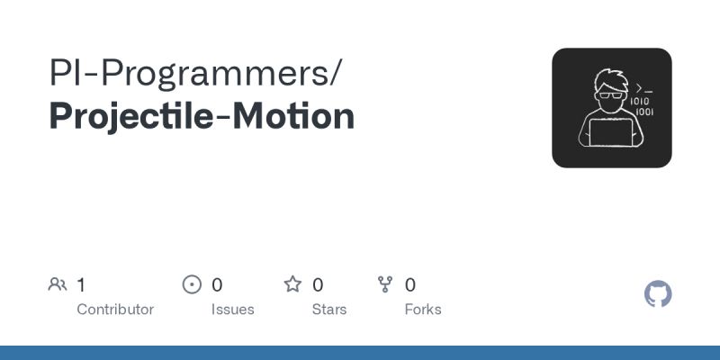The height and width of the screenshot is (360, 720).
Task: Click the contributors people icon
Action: [x=58, y=285]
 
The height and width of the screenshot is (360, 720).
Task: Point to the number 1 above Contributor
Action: [x=81, y=285]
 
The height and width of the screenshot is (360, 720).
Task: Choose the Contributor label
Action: [x=115, y=310]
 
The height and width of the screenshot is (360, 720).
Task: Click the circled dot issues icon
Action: [x=192, y=285]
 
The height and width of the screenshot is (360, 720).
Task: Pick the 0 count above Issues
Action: [x=217, y=285]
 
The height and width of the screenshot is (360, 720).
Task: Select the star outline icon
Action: [x=292, y=285]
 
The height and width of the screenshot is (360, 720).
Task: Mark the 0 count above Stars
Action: [x=318, y=285]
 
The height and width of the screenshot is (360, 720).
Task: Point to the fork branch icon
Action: [x=386, y=285]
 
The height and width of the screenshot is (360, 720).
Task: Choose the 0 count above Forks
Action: [x=410, y=285]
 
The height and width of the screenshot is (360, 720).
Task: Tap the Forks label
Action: [x=423, y=310]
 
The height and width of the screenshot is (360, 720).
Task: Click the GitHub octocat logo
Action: [x=659, y=294]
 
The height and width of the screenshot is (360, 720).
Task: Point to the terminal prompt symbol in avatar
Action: [x=643, y=88]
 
